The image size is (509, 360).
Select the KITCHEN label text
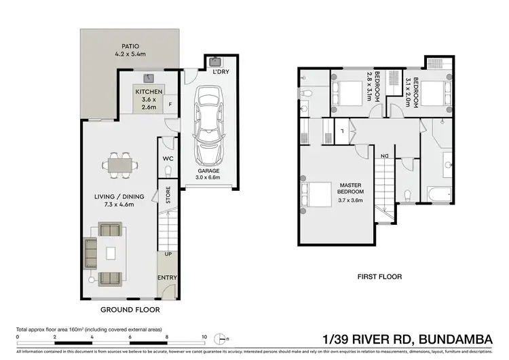pos(148,91)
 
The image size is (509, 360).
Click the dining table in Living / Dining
pos(120,164)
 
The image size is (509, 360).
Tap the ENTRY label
pos(167,278)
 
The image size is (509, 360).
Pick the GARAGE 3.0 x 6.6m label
pos(208,175)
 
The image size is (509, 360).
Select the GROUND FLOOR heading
pos(130,309)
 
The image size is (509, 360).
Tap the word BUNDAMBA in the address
pos(464,338)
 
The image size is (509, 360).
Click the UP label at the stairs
pos(168,254)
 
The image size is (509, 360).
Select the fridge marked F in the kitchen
pos(170,105)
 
